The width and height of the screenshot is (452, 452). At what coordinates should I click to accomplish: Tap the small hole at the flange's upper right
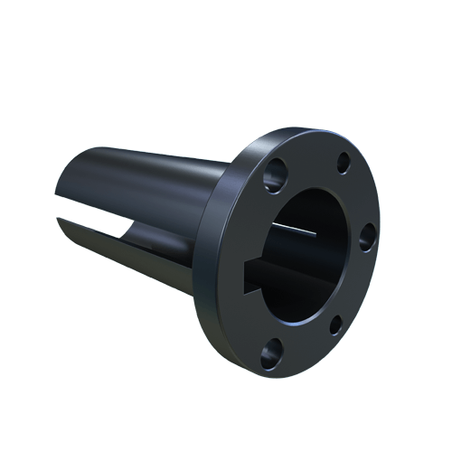click(344, 164)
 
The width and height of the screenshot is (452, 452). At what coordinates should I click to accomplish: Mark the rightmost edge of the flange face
click(389, 226)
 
